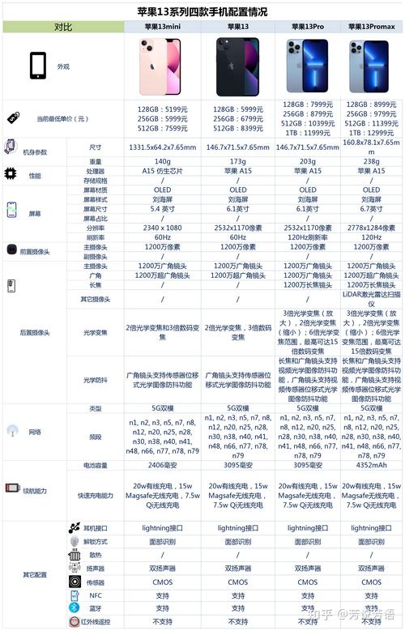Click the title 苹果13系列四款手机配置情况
point(202,12)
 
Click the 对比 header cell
point(62,27)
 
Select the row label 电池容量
point(96,466)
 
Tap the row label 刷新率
point(96,238)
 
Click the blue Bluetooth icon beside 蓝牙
point(75,608)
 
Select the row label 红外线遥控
point(96,622)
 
